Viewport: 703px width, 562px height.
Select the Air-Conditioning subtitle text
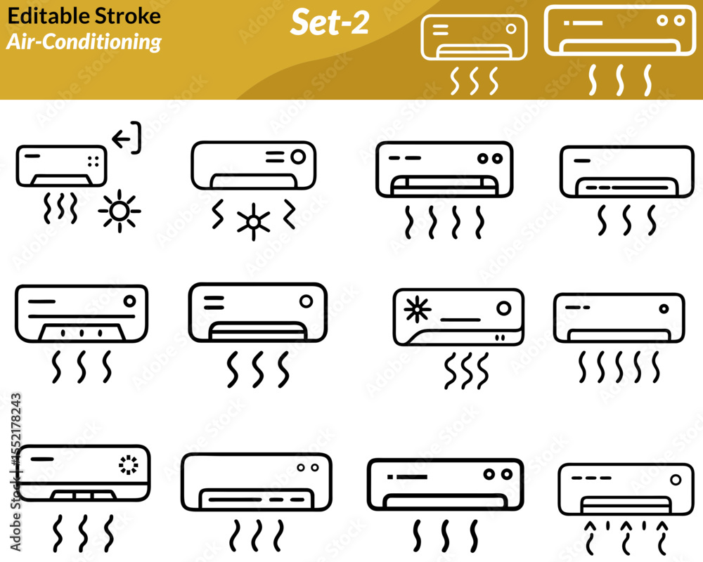click(x=84, y=42)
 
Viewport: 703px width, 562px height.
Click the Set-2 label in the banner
click(x=330, y=22)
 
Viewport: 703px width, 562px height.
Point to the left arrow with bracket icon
click(x=127, y=138)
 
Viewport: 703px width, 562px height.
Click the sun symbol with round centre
click(x=120, y=211)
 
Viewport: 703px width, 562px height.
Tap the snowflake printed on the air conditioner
click(x=417, y=309)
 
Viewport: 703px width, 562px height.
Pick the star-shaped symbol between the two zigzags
click(x=254, y=222)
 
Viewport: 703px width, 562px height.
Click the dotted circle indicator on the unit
click(x=129, y=465)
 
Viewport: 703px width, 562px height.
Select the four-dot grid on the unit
click(x=93, y=162)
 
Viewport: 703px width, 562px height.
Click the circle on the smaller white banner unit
click(x=510, y=29)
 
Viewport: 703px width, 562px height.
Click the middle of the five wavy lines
click(x=619, y=367)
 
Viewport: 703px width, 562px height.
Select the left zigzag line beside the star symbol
click(x=217, y=215)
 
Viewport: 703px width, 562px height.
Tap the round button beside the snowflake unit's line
click(x=504, y=308)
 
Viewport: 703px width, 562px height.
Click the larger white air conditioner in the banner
click(x=620, y=30)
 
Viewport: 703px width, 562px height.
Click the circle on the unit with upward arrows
click(x=676, y=480)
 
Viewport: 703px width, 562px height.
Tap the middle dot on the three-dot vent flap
click(x=82, y=333)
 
